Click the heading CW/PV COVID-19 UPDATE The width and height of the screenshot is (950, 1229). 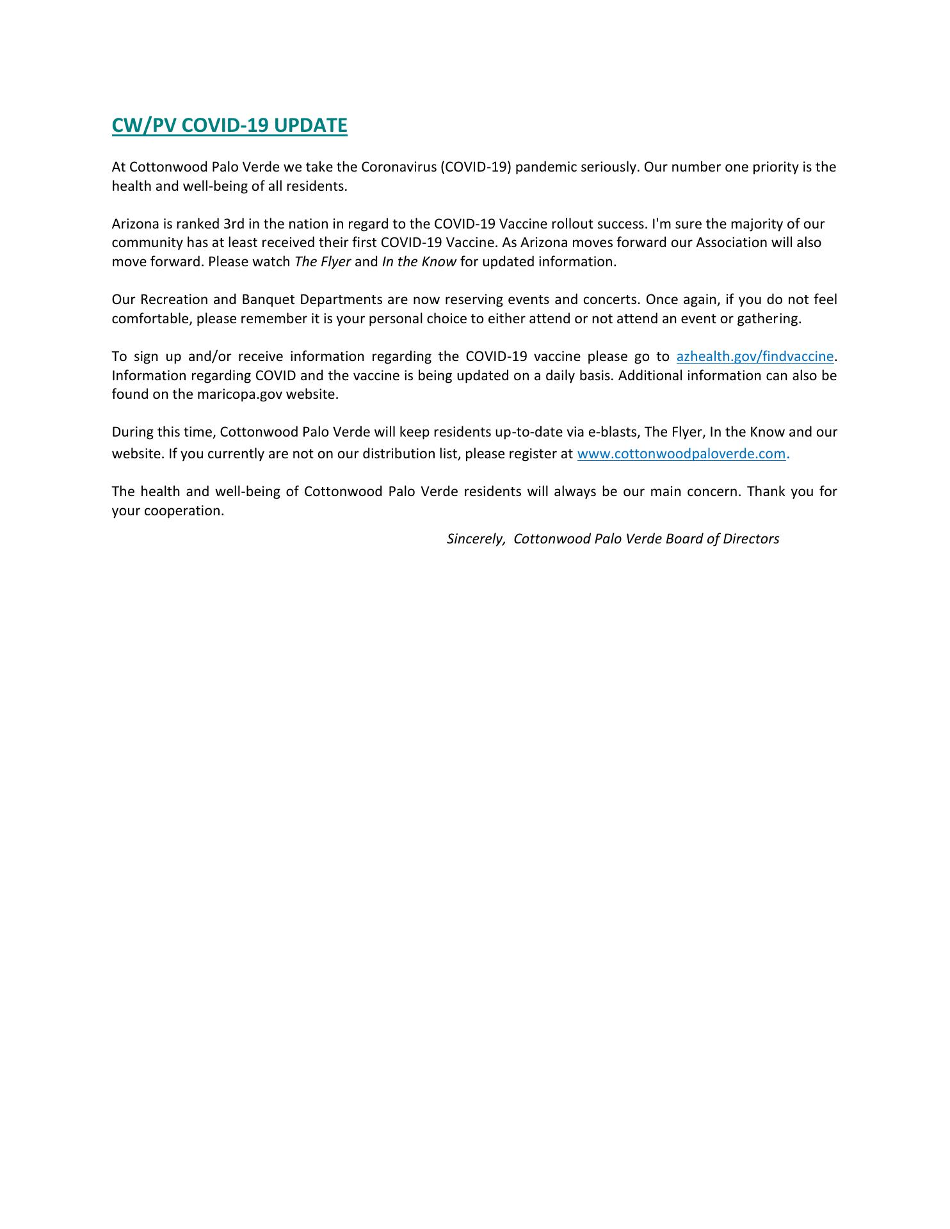pos(229,125)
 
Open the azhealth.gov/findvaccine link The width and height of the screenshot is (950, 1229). pos(755,357)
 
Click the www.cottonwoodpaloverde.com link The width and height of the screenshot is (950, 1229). pos(681,454)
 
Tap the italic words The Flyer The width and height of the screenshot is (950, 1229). pos(322,262)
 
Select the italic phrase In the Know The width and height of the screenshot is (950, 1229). pos(419,262)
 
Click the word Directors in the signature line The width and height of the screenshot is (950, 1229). pos(751,539)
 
